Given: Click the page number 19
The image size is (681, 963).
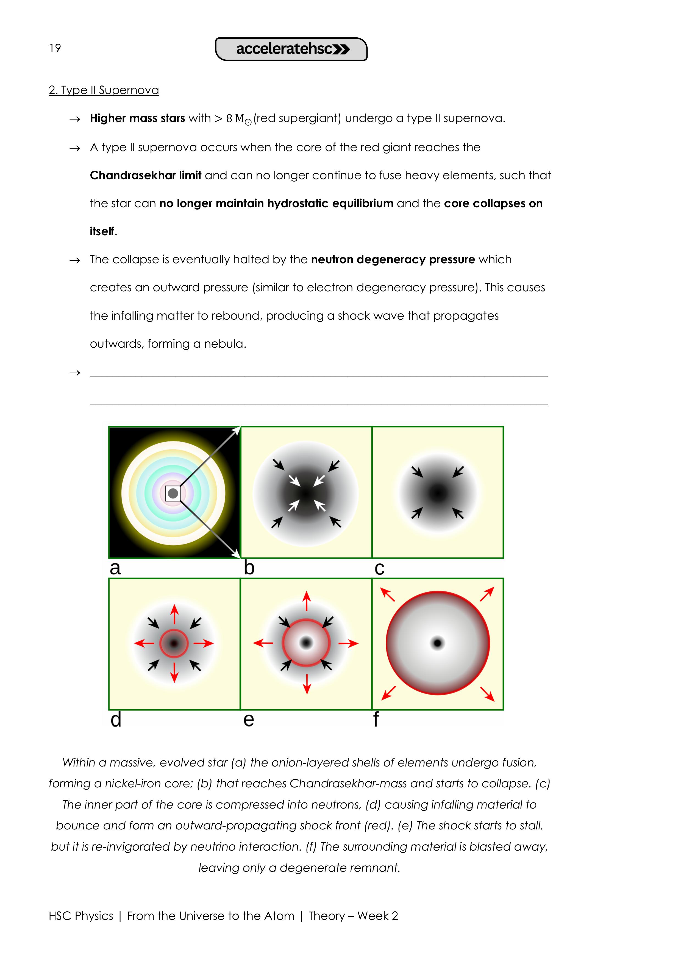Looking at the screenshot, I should click(55, 48).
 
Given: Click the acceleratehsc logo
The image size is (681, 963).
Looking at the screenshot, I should click(291, 49).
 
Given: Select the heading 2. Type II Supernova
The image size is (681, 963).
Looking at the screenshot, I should click(104, 90).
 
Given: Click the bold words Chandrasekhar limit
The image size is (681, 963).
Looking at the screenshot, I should click(146, 175).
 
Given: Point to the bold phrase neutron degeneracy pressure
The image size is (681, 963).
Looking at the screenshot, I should click(393, 260).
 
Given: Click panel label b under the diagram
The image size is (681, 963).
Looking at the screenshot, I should click(249, 568).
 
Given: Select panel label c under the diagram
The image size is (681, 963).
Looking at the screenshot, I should click(379, 569).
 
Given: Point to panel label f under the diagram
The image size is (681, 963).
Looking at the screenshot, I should click(376, 719).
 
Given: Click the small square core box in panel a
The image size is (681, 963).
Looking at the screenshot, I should click(173, 493).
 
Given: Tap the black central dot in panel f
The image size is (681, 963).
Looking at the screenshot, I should click(438, 643).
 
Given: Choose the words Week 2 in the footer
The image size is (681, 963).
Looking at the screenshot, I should click(377, 916).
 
